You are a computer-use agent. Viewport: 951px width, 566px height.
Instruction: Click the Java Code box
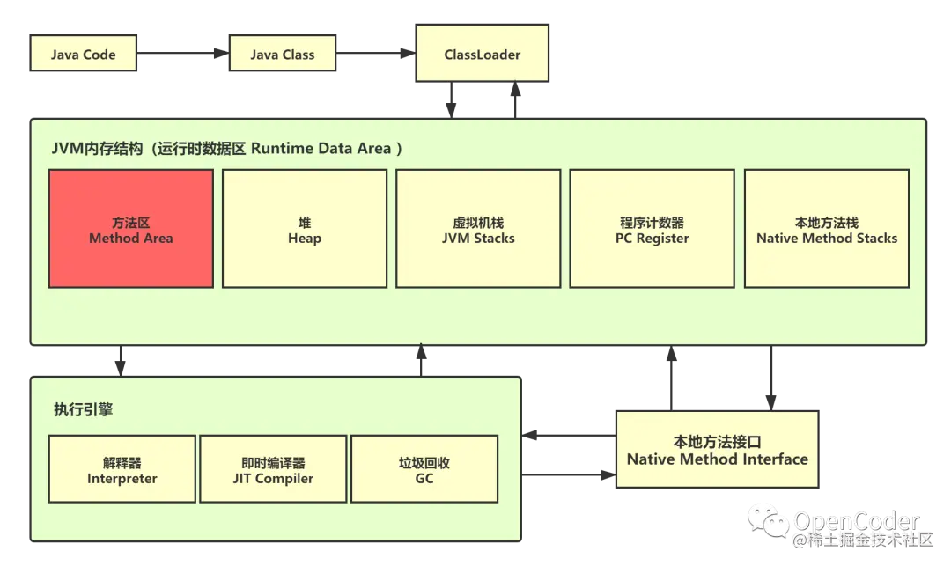[84, 55]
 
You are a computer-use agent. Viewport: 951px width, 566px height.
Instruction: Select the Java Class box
[282, 55]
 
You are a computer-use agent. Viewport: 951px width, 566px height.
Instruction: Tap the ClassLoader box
[482, 55]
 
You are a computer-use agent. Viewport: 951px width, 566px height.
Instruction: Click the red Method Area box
[130, 229]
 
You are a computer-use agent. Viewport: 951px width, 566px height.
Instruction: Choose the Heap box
[304, 229]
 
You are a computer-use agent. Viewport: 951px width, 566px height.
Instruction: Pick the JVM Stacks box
[478, 229]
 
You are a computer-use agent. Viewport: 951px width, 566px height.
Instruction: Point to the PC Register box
[652, 229]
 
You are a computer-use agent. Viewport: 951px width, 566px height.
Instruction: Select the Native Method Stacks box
[826, 229]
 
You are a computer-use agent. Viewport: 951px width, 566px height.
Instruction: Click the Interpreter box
[122, 469]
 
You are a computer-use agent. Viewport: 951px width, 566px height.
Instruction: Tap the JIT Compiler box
[273, 469]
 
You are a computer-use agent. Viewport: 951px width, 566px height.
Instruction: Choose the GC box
[424, 469]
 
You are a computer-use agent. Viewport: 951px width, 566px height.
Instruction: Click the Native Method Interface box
[717, 450]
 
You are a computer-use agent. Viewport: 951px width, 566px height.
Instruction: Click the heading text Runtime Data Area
[321, 149]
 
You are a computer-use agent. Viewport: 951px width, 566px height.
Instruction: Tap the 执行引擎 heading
[83, 409]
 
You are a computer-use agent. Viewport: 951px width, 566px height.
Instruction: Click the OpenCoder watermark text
[857, 520]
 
